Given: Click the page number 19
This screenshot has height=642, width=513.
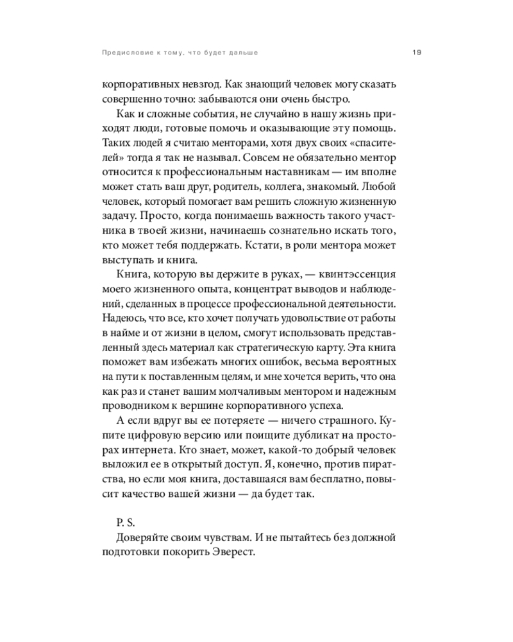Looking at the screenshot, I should [415, 52].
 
